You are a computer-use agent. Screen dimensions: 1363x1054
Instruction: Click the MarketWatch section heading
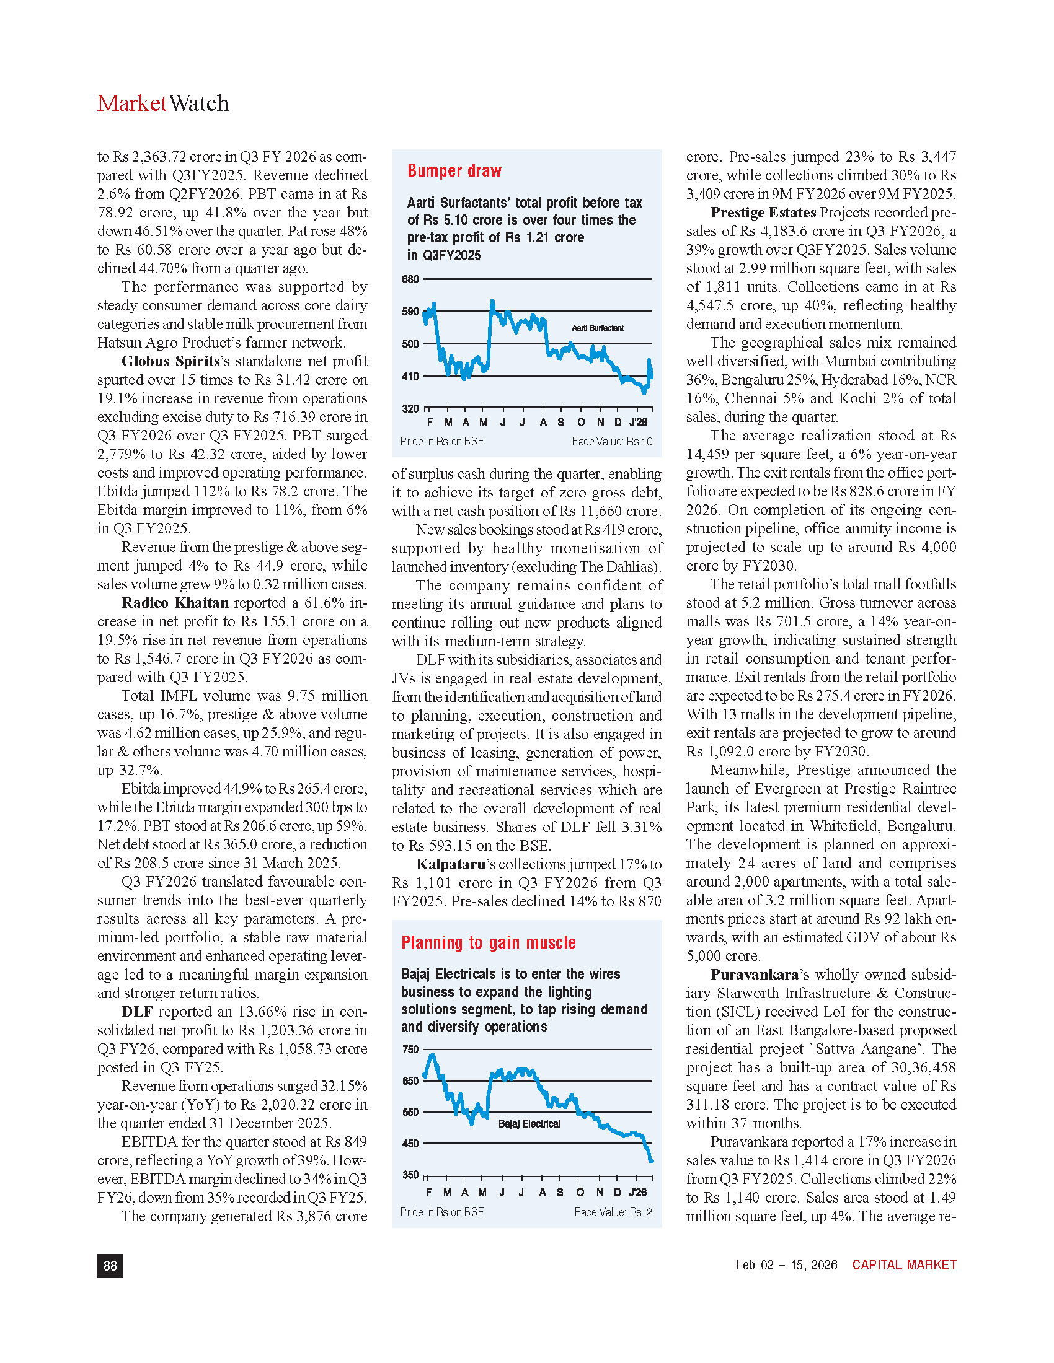[163, 103]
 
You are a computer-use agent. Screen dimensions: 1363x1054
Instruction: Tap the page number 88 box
[110, 1265]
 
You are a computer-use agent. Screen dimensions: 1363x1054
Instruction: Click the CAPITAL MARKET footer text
[904, 1264]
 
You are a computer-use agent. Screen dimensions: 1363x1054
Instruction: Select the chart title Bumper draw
[454, 171]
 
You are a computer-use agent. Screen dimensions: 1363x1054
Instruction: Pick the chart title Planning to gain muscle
[489, 942]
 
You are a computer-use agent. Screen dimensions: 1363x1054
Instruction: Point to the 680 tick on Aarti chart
[410, 279]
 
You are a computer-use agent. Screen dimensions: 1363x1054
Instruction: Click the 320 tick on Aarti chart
[410, 409]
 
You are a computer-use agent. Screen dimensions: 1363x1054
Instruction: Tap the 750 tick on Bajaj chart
[410, 1050]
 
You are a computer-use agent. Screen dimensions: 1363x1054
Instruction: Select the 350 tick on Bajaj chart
[410, 1175]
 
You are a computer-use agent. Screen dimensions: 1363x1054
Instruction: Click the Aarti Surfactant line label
[598, 328]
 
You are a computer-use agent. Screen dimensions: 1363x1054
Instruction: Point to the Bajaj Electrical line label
[529, 1124]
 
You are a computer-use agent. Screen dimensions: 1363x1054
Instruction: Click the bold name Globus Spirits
[170, 361]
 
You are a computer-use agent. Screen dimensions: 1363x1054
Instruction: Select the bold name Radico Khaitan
[175, 603]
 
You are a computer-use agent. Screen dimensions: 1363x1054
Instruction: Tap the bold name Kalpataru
[447, 864]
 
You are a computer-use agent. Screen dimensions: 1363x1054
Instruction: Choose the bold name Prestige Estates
[763, 213]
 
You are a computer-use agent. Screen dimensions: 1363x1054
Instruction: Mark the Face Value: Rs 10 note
[611, 442]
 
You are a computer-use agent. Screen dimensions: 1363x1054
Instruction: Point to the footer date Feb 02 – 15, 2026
[786, 1264]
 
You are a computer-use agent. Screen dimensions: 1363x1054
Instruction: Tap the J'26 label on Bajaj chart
[637, 1192]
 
